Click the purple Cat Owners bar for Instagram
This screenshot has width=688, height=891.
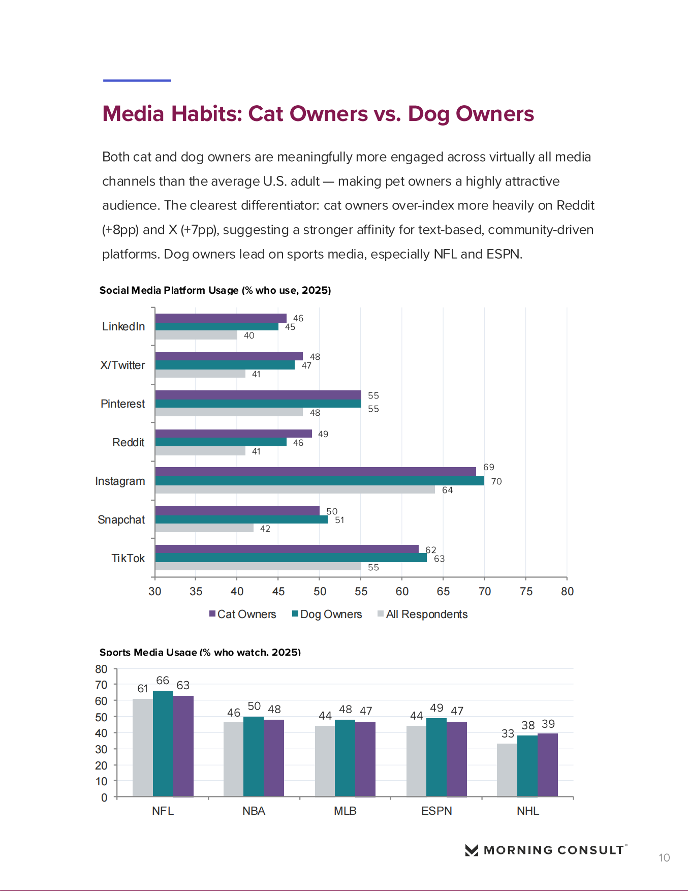click(316, 472)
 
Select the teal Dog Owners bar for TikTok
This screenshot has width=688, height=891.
click(291, 558)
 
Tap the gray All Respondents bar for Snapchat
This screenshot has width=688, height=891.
click(204, 528)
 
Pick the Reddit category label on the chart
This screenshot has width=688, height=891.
click(129, 442)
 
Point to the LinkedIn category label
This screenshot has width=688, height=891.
click(123, 326)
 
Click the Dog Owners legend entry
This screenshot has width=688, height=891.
click(327, 614)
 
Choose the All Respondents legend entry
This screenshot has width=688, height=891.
click(423, 614)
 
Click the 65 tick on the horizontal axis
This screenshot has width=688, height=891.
click(443, 591)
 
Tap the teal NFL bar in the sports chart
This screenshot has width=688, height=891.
click(163, 744)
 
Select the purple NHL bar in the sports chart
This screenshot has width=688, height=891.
click(548, 765)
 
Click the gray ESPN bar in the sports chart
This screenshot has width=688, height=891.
click(416, 761)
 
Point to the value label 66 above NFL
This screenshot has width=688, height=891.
click(163, 681)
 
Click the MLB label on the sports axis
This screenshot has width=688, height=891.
click(345, 811)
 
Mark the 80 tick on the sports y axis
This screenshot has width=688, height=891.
click(101, 669)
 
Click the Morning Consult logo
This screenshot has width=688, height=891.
click(546, 850)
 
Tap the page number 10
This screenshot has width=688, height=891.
click(664, 858)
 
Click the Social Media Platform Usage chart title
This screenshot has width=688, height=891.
click(215, 290)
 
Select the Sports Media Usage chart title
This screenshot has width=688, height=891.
click(200, 652)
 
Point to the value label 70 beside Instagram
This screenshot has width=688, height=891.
click(496, 481)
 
